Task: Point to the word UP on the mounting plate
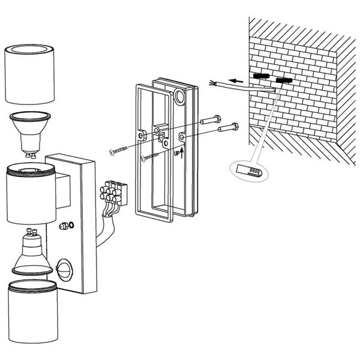point(176,154)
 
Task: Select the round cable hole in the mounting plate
point(181,98)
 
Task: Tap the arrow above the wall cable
point(236,79)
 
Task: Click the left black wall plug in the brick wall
point(260,77)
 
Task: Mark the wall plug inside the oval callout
point(247,170)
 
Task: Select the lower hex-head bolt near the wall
point(229,127)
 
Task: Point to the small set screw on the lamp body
point(64,226)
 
